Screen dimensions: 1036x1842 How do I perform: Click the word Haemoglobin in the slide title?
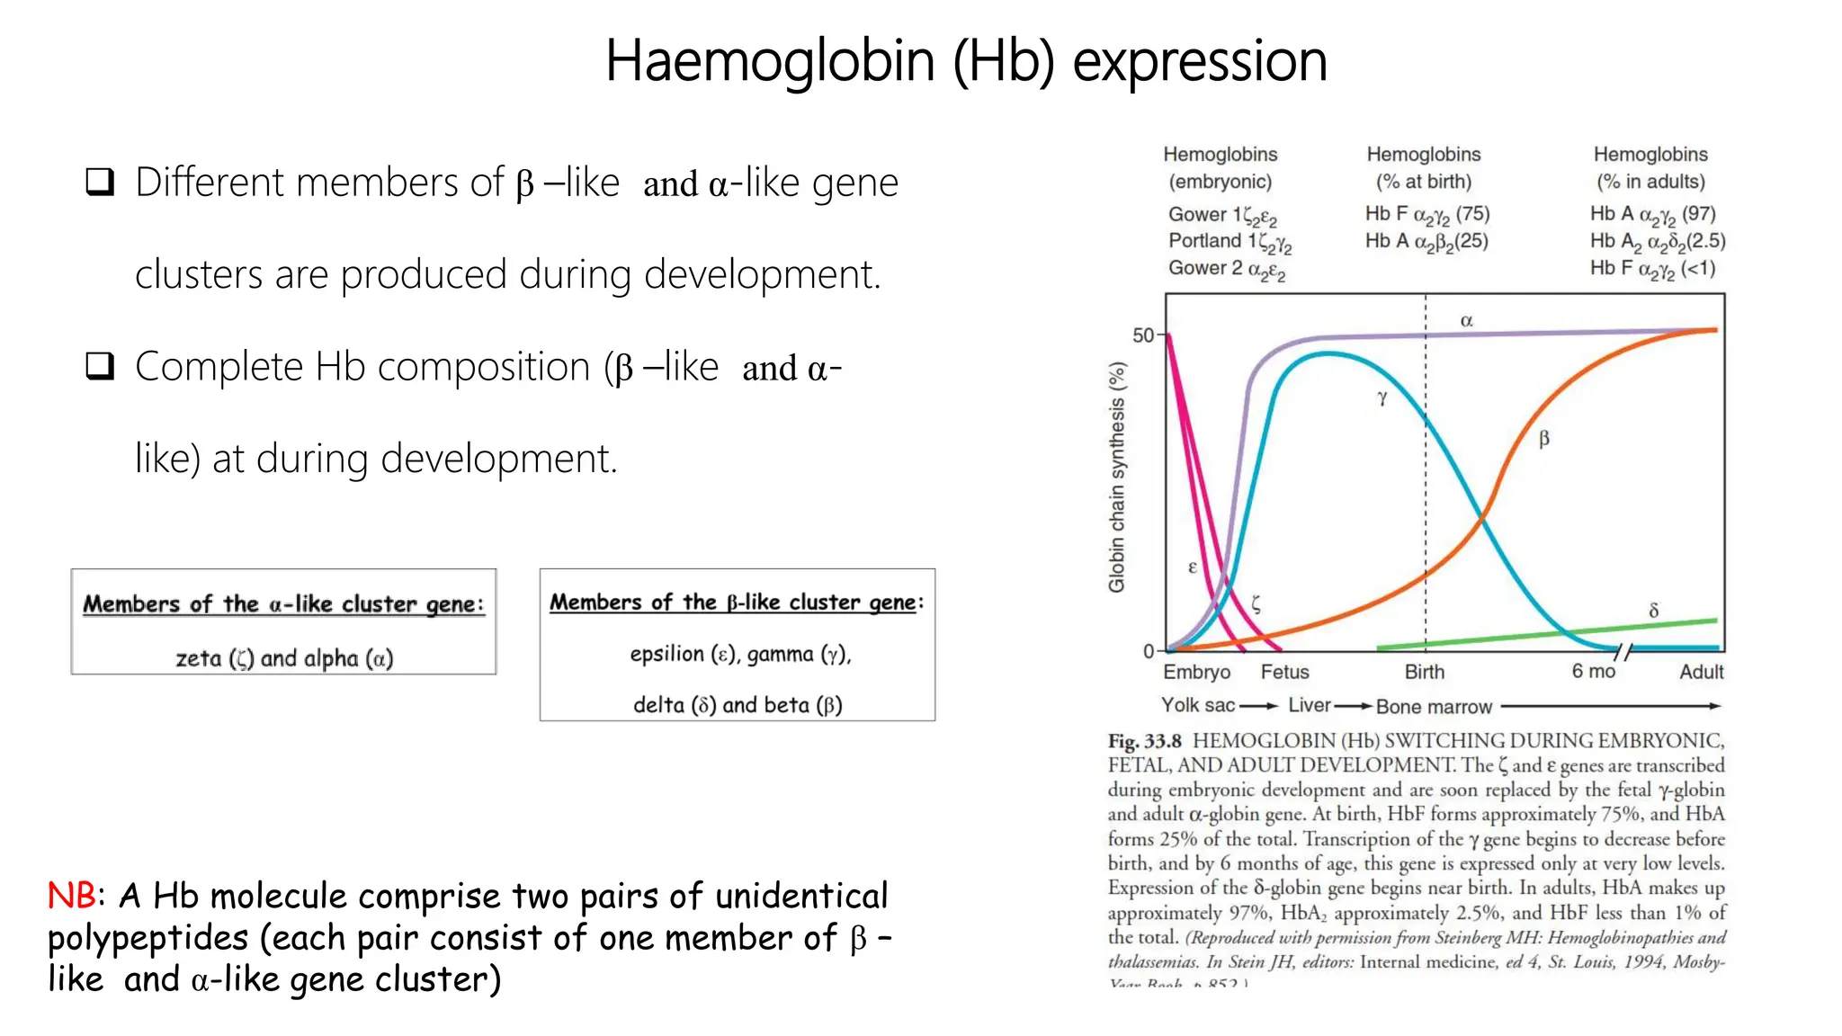click(770, 61)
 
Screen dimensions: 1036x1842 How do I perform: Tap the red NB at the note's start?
click(71, 896)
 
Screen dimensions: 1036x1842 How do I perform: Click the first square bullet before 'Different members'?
click(100, 183)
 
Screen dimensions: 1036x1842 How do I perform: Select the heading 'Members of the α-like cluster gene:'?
click(283, 603)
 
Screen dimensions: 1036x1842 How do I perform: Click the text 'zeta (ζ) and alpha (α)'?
click(284, 658)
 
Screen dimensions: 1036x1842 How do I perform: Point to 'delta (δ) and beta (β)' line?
click(738, 705)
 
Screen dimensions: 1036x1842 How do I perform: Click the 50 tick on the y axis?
click(1142, 335)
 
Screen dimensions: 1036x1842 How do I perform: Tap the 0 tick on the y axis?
click(1149, 650)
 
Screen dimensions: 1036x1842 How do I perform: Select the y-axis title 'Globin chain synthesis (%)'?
click(1116, 477)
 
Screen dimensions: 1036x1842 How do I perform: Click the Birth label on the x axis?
click(1425, 672)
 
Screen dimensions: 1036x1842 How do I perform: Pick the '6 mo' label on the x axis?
click(1593, 672)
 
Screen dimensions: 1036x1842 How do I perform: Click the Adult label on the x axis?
click(1701, 672)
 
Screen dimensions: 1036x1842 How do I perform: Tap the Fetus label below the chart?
click(1284, 672)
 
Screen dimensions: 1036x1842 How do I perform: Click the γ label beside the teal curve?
click(1382, 397)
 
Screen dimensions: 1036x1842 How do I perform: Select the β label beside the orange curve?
click(1544, 439)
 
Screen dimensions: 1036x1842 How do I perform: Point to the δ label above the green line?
click(1653, 611)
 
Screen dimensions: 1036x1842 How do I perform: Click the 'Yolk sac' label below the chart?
click(1197, 706)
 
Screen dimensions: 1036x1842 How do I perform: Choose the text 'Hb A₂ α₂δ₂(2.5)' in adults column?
click(1657, 241)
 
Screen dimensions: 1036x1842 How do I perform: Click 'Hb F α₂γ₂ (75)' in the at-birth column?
click(1426, 214)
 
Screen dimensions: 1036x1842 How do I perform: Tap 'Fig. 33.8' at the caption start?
click(1144, 741)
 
